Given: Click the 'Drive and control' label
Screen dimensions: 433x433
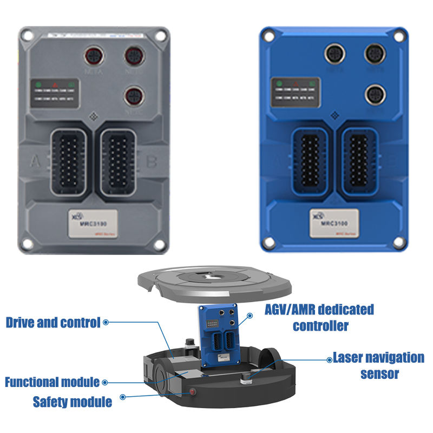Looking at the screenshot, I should [53, 323].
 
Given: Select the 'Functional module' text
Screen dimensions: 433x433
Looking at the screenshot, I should [52, 382].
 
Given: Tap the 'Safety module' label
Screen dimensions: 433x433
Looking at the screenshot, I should [73, 402].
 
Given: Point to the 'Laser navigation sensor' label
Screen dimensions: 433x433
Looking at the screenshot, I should [378, 365].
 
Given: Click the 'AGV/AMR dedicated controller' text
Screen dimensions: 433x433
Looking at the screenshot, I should [319, 318].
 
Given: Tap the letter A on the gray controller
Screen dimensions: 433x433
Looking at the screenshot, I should [36, 161].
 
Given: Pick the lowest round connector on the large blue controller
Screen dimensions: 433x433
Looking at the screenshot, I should [373, 94].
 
